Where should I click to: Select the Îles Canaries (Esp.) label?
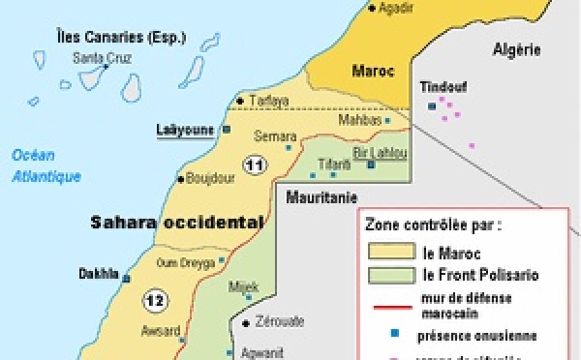point(108,39)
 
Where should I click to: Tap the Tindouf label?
point(443,86)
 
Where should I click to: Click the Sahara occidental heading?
point(176,222)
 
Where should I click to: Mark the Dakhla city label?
point(97,273)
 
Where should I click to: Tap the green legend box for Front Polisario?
point(383,275)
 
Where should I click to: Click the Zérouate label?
point(280,322)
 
